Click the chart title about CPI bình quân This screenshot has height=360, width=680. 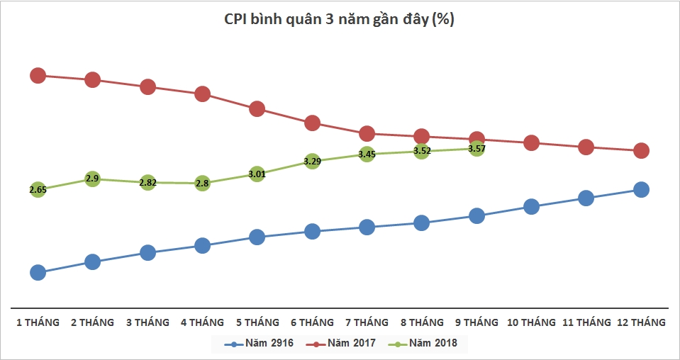(x=340, y=20)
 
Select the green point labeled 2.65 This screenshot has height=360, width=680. (x=38, y=189)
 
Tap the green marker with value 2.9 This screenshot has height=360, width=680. (x=92, y=179)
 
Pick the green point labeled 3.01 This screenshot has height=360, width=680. (x=257, y=174)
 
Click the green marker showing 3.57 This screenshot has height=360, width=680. (x=476, y=148)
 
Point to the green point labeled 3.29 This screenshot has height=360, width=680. (x=312, y=161)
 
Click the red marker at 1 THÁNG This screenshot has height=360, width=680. (x=38, y=75)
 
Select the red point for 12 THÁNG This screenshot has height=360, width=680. (x=641, y=150)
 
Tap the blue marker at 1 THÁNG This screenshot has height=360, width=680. (x=38, y=272)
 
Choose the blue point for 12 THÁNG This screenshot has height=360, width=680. (x=641, y=189)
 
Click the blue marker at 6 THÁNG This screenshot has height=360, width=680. (x=312, y=231)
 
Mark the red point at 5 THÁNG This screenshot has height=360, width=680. (x=257, y=108)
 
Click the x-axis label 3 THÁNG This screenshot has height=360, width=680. (x=147, y=322)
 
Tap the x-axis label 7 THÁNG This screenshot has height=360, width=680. (x=367, y=322)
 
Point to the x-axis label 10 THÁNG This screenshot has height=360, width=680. (x=531, y=322)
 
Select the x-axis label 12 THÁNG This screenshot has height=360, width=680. (x=641, y=322)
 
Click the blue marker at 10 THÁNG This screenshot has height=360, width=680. (x=531, y=206)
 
